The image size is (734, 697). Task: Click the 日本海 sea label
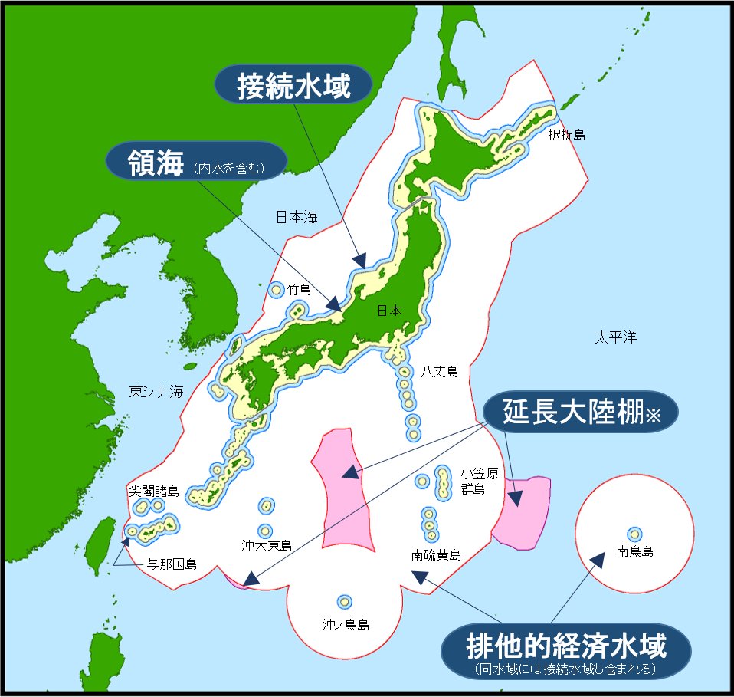point(297,217)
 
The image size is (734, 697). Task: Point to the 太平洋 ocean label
point(615,337)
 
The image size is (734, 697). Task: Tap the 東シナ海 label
point(156,392)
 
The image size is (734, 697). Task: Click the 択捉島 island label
point(566,135)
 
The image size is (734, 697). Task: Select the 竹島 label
point(300,290)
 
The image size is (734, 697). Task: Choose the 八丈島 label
point(439,372)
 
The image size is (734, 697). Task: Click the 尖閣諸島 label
point(153,490)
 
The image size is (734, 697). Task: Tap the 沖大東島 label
point(267,546)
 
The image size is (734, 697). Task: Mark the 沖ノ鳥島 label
point(346,624)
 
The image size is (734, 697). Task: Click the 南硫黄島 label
point(436,554)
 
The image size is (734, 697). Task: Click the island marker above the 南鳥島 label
point(634,534)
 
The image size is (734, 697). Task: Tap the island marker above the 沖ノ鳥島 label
point(345,602)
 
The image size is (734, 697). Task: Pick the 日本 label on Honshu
point(388,311)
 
